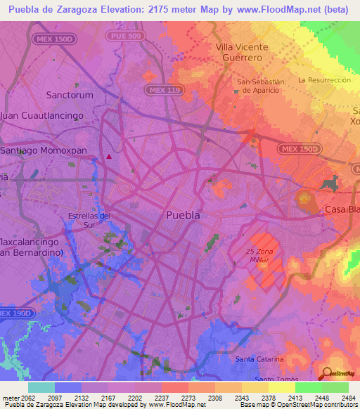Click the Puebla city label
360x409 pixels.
[x=183, y=215]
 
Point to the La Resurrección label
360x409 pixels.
[x=324, y=80]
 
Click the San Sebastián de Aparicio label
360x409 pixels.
[x=260, y=86]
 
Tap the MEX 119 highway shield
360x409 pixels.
[x=161, y=90]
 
